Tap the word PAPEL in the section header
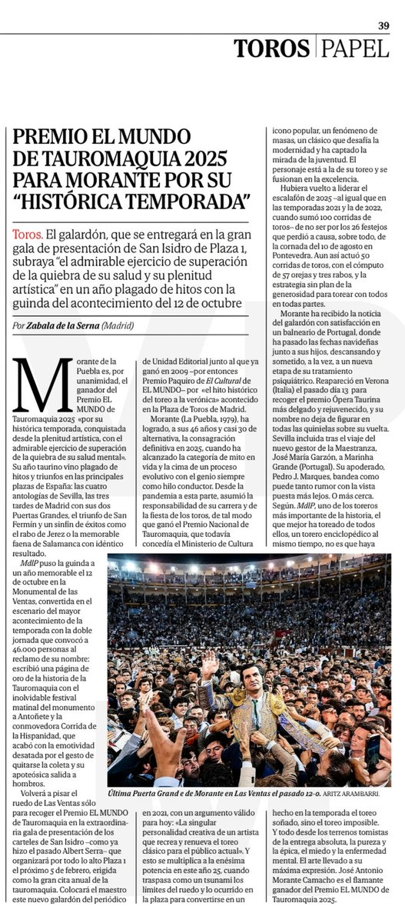356,48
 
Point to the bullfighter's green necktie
251,701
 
